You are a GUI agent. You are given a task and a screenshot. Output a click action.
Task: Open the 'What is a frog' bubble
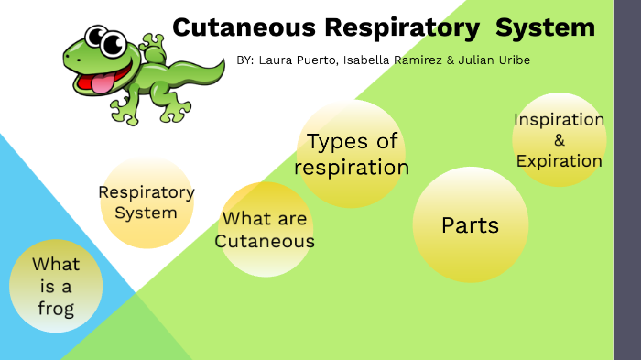tap(56, 285)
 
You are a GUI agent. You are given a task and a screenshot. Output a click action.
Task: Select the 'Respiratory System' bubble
tap(147, 202)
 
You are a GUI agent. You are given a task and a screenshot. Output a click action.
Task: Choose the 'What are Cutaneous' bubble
tap(266, 230)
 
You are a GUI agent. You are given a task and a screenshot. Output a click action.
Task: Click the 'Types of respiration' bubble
tap(352, 154)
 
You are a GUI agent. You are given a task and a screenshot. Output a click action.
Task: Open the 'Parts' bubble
tap(470, 224)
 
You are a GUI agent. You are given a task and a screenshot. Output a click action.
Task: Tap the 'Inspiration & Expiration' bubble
tap(559, 140)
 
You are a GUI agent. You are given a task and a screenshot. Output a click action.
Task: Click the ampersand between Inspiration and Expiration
tap(560, 140)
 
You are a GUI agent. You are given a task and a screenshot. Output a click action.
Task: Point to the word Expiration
tap(559, 161)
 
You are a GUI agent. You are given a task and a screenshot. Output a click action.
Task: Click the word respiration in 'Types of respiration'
tap(352, 168)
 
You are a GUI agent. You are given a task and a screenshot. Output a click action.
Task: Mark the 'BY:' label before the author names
tap(244, 60)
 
